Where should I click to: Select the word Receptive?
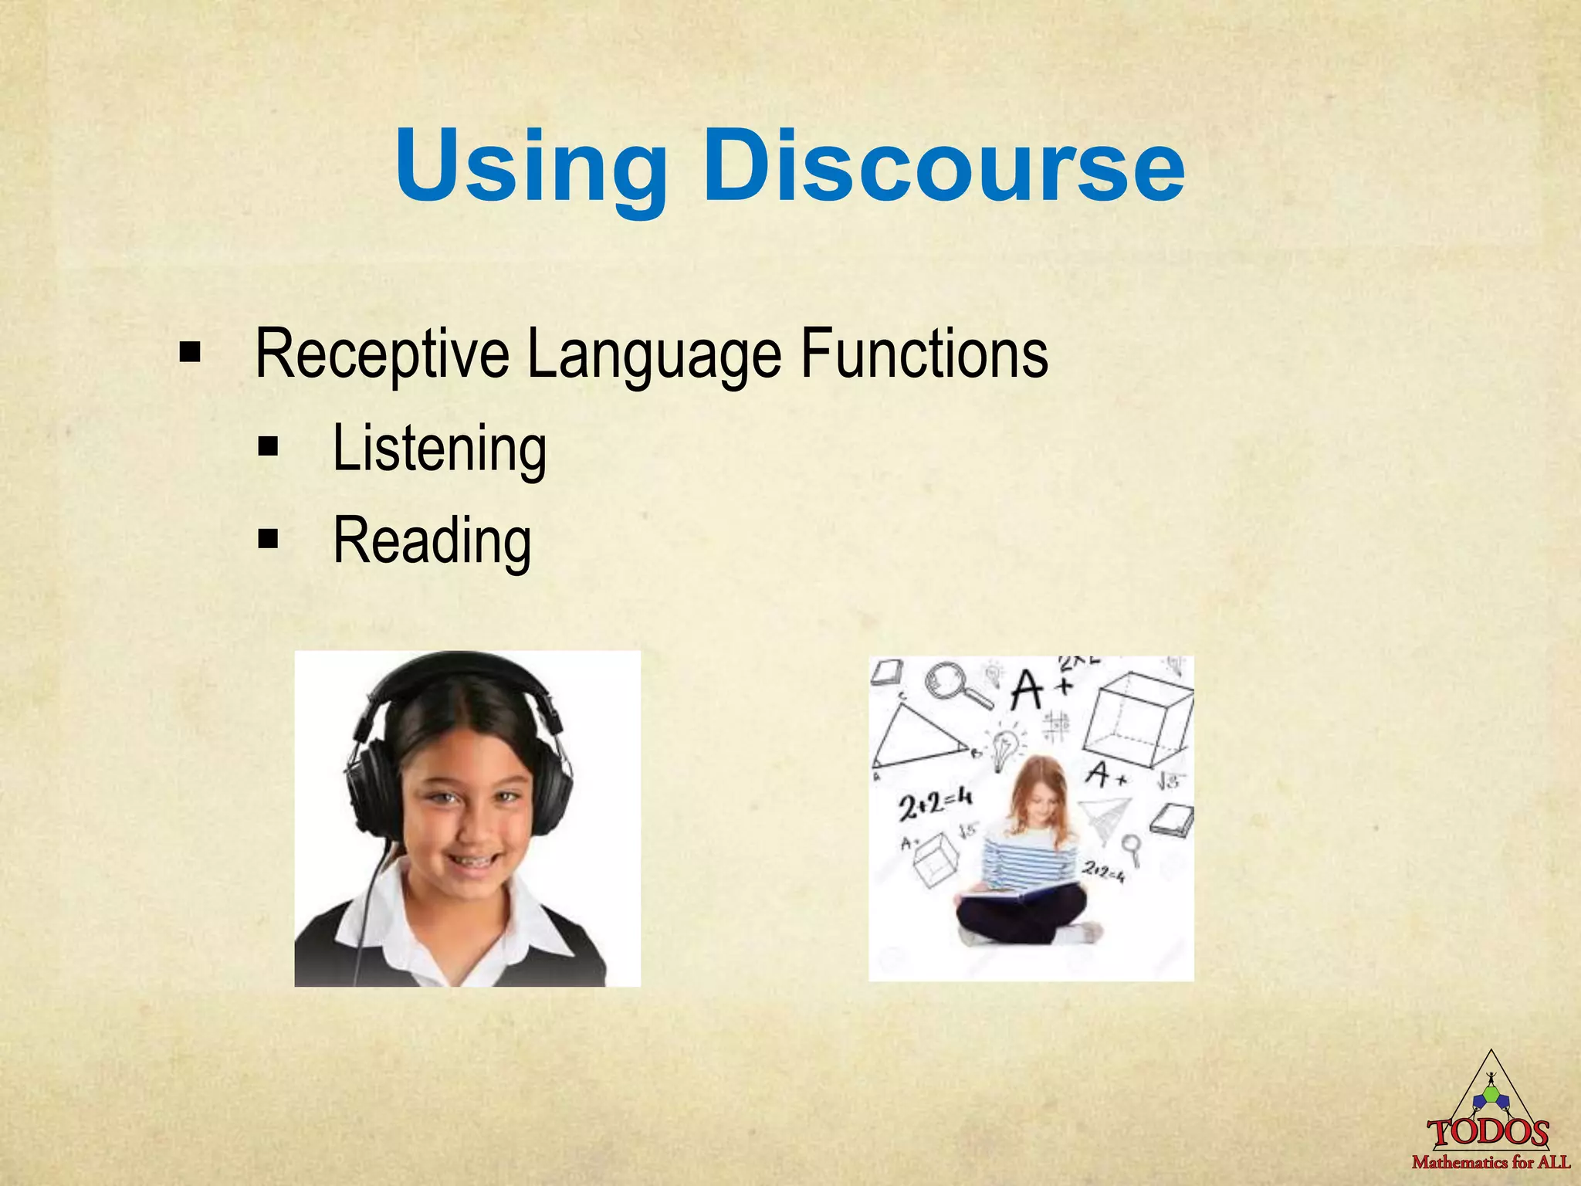tap(382, 354)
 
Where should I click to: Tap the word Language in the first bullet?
tap(654, 354)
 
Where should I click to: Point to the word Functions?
tap(924, 354)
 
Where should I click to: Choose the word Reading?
tap(432, 541)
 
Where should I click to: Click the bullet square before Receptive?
tap(189, 354)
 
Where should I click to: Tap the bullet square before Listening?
tap(268, 447)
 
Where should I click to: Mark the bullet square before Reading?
tap(268, 539)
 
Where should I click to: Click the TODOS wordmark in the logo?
tap(1488, 1133)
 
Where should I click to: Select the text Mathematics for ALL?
tap(1491, 1162)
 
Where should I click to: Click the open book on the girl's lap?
tap(1019, 894)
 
